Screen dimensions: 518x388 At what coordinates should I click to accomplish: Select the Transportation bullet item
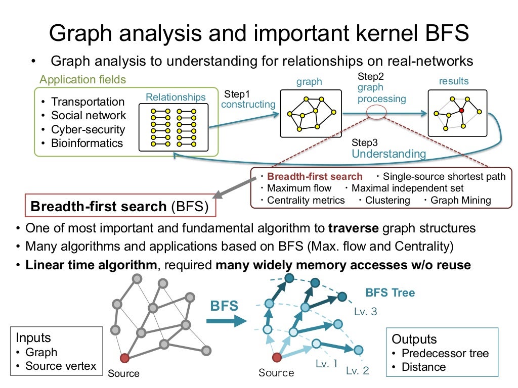point(88,102)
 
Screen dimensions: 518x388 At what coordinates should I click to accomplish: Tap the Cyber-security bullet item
point(88,129)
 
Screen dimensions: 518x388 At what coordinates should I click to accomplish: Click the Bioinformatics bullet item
point(87,143)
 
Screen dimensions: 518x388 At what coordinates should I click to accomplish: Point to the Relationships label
point(176,97)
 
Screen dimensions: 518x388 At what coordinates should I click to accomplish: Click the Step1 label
point(237,94)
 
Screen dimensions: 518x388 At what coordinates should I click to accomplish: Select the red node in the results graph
point(461,110)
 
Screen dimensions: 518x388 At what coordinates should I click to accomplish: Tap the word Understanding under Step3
point(388,154)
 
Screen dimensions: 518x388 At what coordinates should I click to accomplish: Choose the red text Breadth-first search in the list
point(315,176)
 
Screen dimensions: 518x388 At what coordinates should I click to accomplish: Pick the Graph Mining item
point(461,200)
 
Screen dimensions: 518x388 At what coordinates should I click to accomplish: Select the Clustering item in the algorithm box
point(387,200)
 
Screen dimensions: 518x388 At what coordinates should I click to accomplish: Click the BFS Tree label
point(390,293)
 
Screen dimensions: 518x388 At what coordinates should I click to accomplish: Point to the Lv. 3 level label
point(365,312)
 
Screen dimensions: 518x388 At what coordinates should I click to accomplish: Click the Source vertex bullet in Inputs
point(60,366)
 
